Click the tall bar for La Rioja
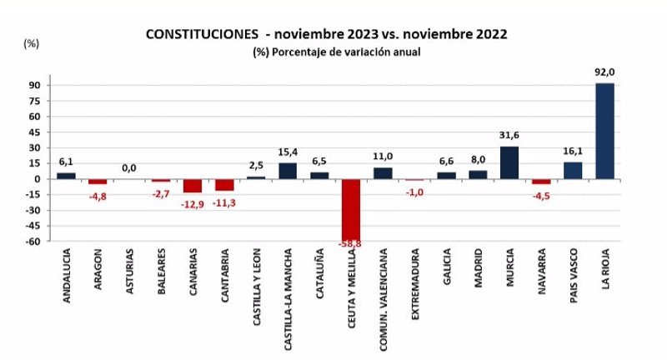pyautogui.click(x=604, y=131)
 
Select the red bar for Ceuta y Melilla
pyautogui.click(x=351, y=210)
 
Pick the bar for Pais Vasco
pyautogui.click(x=573, y=170)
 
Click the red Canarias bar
pyautogui.click(x=193, y=185)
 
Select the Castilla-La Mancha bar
pyautogui.click(x=288, y=171)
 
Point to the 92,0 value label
pyautogui.click(x=604, y=72)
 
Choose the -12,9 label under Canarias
pyautogui.click(x=193, y=202)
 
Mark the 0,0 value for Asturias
pyautogui.click(x=129, y=168)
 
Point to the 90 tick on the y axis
pyautogui.click(x=36, y=85)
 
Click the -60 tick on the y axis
pyautogui.click(x=33, y=242)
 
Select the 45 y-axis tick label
pyautogui.click(x=36, y=132)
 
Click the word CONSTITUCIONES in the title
pyautogui.click(x=201, y=34)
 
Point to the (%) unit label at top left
pyautogui.click(x=32, y=42)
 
